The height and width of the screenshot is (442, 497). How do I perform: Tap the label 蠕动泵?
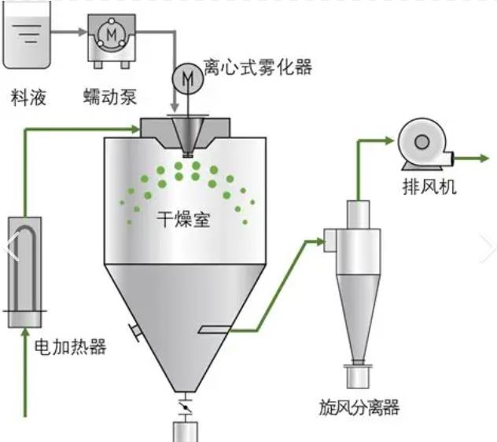(x=111, y=97)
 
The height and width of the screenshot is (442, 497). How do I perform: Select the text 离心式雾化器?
(x=257, y=68)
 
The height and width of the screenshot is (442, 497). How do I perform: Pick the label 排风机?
(x=429, y=188)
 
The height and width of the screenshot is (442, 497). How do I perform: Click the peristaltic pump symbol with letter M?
(x=111, y=33)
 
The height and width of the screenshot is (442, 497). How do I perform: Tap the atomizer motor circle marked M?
(x=186, y=77)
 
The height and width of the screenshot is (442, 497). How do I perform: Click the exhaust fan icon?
(x=423, y=144)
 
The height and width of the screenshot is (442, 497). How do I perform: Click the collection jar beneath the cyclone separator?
(x=358, y=376)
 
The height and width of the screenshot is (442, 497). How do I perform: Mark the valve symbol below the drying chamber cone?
(x=186, y=407)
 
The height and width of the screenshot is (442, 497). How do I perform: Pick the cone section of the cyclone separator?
(x=358, y=314)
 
